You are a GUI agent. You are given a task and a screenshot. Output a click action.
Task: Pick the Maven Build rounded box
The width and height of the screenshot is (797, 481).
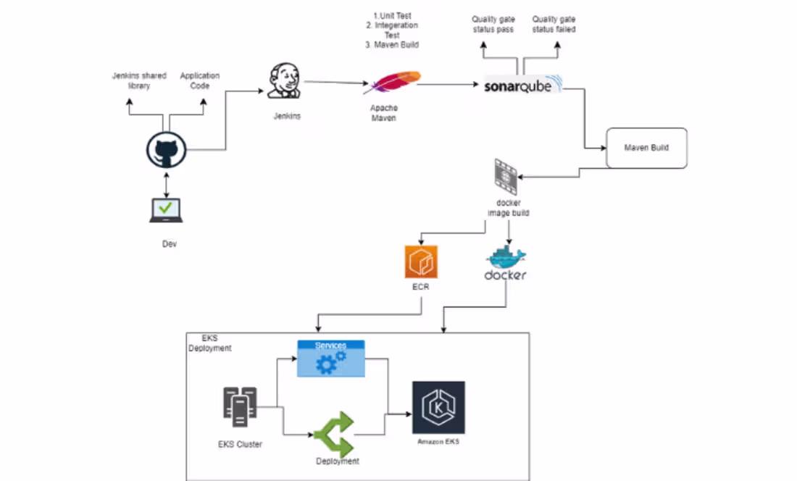[x=646, y=148]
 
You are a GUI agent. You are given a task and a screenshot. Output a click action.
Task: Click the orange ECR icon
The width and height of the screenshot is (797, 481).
[x=422, y=262]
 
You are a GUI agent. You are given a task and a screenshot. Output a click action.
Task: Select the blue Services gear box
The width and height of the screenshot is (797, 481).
[x=330, y=358]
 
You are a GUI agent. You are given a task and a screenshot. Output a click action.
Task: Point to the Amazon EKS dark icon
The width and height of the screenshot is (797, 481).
[x=438, y=408]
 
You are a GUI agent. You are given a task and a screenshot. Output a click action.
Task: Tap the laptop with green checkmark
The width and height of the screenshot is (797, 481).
[x=166, y=210]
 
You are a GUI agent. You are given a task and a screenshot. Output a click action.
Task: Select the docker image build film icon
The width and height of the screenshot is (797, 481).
[x=506, y=174]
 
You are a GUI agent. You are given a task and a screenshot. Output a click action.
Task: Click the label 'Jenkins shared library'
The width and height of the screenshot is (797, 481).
[x=138, y=80]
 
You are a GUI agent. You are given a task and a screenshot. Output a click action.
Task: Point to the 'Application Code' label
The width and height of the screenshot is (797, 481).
[x=199, y=80]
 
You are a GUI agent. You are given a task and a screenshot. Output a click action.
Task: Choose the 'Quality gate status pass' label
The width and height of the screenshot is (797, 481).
[x=493, y=24]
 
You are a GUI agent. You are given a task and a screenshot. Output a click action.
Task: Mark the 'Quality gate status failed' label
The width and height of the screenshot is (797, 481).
[x=554, y=24]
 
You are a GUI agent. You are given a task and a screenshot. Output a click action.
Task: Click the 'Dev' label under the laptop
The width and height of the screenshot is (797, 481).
[x=169, y=244]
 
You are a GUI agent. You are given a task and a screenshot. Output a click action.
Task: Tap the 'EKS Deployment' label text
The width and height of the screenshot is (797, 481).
[x=210, y=343]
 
